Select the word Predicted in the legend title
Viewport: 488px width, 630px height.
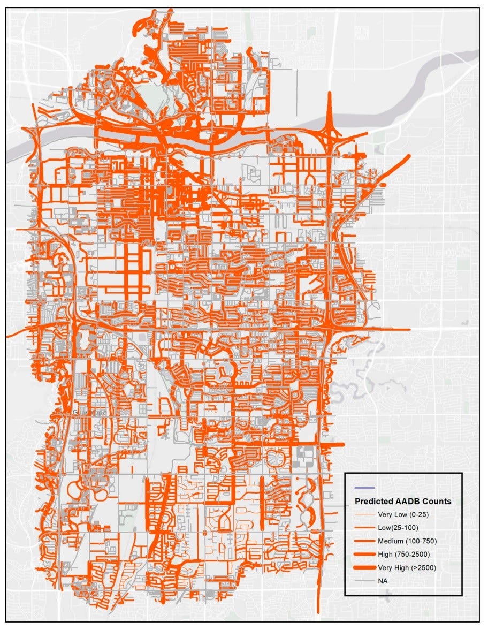373,502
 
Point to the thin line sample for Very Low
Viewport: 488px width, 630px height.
365,515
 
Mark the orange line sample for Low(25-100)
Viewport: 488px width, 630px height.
365,528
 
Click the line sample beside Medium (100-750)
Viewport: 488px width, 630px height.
365,541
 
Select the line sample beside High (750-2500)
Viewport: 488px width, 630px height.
365,553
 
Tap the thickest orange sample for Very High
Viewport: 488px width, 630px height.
365,567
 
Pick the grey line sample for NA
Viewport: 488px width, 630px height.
365,580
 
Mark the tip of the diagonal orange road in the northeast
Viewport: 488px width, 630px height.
409,156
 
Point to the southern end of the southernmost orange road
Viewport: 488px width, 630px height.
319,612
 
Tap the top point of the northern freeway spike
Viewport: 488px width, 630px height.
330,93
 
